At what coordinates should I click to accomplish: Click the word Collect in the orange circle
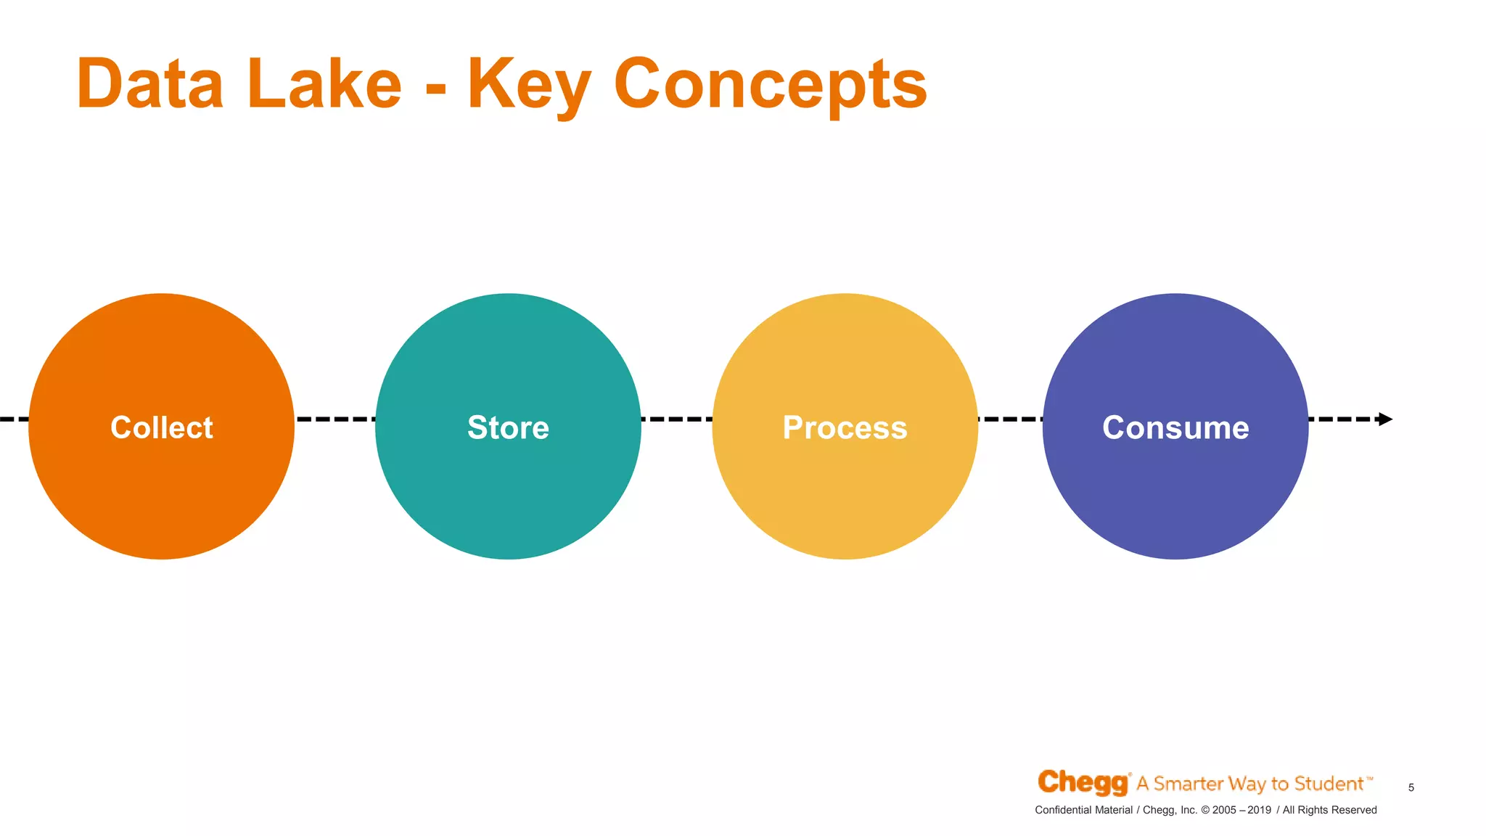pyautogui.click(x=161, y=427)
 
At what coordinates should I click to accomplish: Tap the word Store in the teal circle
pyautogui.click(x=508, y=427)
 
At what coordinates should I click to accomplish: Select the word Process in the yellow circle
pyautogui.click(x=845, y=427)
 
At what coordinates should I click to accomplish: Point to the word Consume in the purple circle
pyautogui.click(x=1175, y=427)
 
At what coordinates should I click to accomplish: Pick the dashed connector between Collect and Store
pyautogui.click(x=334, y=419)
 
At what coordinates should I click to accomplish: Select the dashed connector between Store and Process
pyautogui.click(x=676, y=419)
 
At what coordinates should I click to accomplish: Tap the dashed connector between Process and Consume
pyautogui.click(x=1010, y=419)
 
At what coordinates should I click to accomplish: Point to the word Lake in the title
pyautogui.click(x=324, y=84)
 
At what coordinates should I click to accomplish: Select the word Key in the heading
pyautogui.click(x=530, y=86)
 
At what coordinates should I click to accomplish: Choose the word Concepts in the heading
pyautogui.click(x=770, y=86)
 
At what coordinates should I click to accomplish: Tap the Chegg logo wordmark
pyautogui.click(x=1083, y=782)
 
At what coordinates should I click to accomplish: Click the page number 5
pyautogui.click(x=1411, y=787)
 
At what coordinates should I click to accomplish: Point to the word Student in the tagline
pyautogui.click(x=1329, y=784)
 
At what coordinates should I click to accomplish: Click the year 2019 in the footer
pyautogui.click(x=1259, y=810)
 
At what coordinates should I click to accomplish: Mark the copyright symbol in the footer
pyautogui.click(x=1204, y=810)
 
